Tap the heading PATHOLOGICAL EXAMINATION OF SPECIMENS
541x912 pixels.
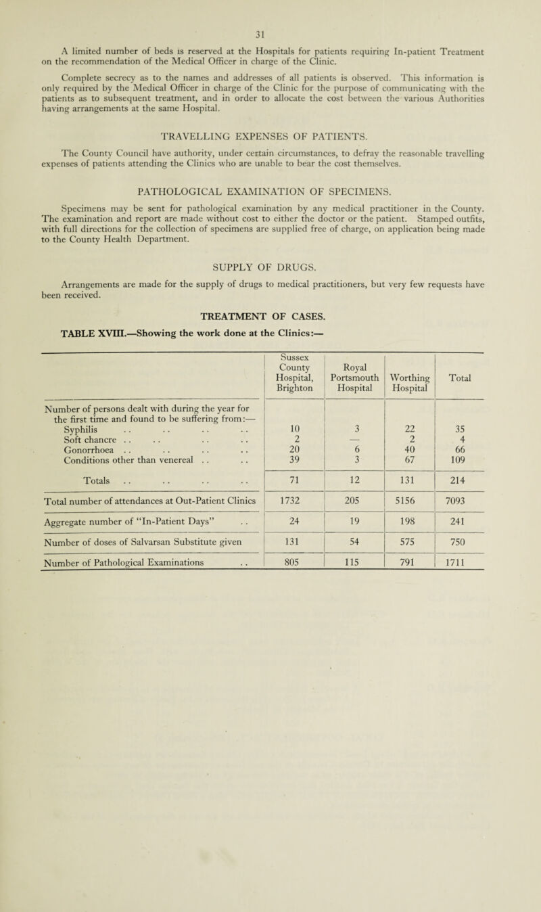click(270, 201)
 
